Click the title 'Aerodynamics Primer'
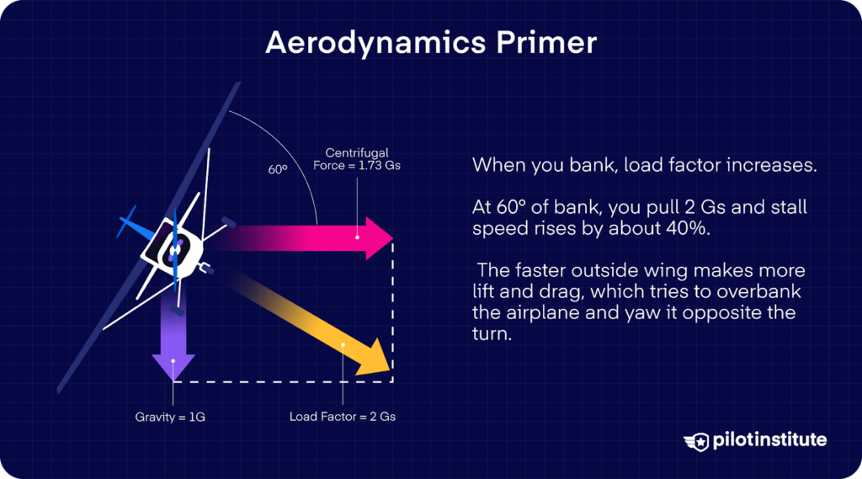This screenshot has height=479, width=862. tap(430, 42)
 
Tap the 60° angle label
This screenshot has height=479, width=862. tap(278, 169)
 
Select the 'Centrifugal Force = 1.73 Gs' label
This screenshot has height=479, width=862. tap(363, 159)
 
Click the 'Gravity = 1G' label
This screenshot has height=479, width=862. tap(170, 416)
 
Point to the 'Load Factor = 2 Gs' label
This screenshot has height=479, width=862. tap(343, 416)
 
